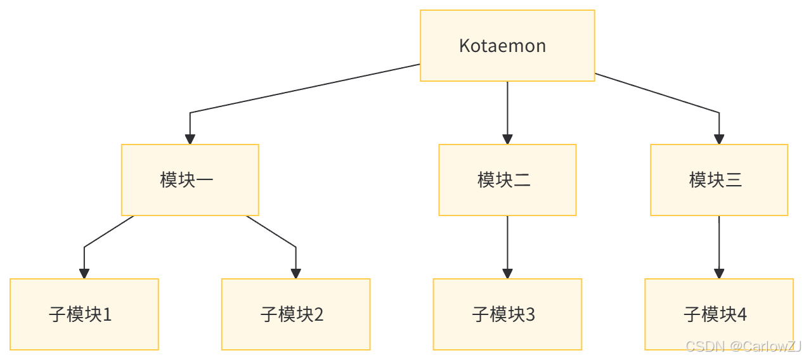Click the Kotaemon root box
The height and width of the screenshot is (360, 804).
click(507, 46)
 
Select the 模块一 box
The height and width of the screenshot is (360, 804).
click(190, 180)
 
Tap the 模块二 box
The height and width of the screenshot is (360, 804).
click(507, 180)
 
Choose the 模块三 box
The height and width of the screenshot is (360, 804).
click(719, 180)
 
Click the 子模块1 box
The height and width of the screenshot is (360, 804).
click(84, 314)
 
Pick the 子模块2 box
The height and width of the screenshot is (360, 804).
click(295, 314)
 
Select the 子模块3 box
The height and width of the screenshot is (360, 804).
click(507, 314)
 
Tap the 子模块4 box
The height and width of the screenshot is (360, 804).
click(719, 314)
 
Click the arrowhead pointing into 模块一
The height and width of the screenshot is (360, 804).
click(190, 139)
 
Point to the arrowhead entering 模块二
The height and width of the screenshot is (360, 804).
click(507, 139)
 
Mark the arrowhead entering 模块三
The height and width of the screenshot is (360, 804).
click(719, 139)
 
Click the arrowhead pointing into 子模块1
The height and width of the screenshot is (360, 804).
click(84, 273)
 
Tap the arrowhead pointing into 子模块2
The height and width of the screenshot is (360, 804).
click(295, 273)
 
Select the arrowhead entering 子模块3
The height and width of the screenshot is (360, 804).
click(507, 273)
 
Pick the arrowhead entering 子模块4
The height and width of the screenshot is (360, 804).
click(719, 273)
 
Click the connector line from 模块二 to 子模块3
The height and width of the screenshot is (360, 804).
click(507, 241)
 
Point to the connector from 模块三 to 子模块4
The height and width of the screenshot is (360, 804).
click(719, 241)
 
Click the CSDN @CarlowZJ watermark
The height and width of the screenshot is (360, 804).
click(743, 346)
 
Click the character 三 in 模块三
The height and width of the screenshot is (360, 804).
click(733, 180)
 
